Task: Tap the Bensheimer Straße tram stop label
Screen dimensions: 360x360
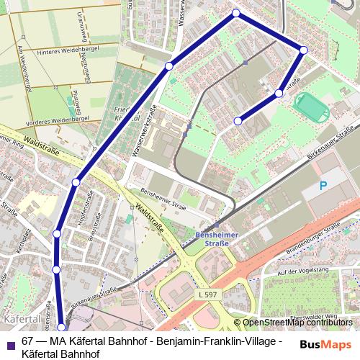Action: pos(212,239)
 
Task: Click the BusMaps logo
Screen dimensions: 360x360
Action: pos(325,344)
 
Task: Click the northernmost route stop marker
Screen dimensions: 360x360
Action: pos(235,13)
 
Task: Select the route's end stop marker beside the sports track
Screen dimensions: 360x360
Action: pos(238,121)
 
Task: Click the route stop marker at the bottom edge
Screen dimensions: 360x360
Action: pos(61,328)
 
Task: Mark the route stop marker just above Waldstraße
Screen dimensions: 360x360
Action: pos(76,182)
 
